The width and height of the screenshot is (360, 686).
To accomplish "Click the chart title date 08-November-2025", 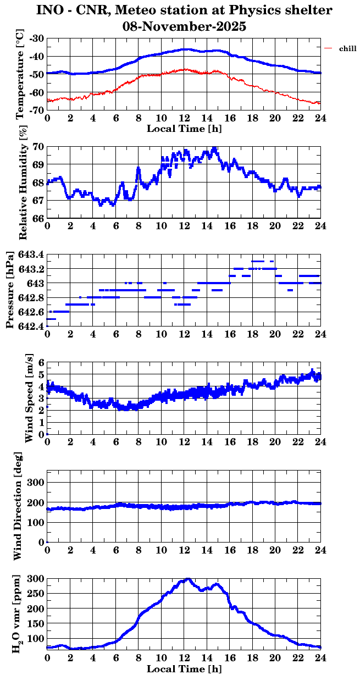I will coord(185,26).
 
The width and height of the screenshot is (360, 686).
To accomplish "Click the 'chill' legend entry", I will coord(348,49).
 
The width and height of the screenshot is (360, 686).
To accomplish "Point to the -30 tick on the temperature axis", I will coord(38,39).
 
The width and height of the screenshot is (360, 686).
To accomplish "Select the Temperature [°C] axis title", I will coord(20,75).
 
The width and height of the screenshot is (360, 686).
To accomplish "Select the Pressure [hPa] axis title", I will coord(9,291).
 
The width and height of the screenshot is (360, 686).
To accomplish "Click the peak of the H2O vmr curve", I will coord(188,579).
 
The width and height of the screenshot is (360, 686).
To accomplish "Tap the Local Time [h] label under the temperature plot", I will coord(184,129).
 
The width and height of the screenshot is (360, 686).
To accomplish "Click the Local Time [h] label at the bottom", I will coord(184,669).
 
